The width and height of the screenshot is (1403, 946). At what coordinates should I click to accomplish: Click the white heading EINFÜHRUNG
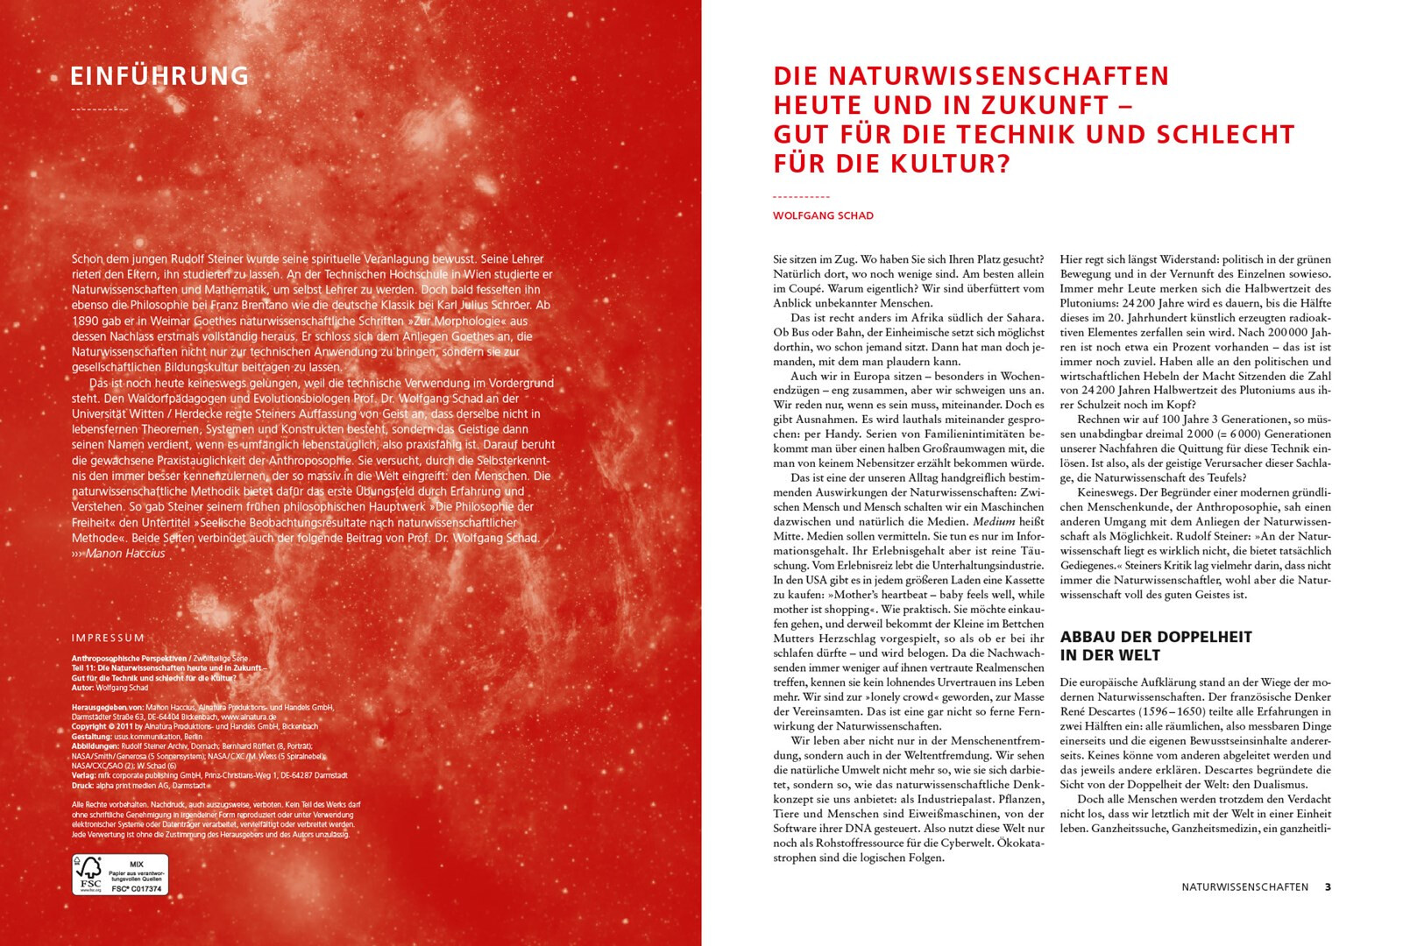159,76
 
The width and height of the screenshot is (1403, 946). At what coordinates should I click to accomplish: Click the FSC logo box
120,874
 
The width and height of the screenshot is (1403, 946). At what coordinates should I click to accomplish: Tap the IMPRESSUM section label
108,638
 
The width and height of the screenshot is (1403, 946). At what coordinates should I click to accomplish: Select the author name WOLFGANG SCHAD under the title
823,215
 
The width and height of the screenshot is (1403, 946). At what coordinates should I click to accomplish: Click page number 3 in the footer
1328,886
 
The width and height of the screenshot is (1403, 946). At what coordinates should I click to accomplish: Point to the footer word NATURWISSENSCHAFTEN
1244,886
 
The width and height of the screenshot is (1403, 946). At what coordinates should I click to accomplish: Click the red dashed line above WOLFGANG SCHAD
801,197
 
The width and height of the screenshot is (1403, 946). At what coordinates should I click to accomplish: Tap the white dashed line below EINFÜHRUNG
99,110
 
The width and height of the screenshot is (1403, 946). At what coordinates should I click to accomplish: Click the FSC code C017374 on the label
138,888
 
